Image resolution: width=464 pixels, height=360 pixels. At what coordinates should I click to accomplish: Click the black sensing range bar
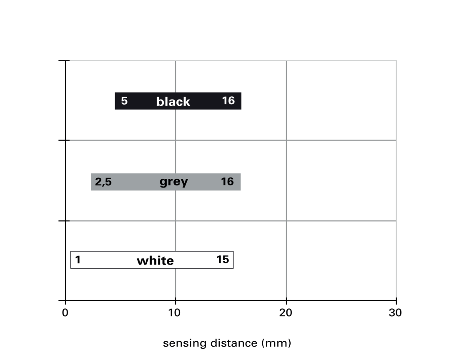178,101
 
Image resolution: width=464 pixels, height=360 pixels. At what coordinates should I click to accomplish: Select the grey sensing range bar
166,182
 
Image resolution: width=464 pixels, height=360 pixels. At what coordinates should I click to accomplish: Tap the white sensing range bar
152,260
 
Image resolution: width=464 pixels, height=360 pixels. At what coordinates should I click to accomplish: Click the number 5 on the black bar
124,101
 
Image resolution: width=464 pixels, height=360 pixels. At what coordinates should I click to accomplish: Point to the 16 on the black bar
228,100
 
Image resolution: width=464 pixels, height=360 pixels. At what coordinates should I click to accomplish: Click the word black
173,102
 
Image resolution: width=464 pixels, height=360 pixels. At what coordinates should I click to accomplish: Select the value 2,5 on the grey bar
103,182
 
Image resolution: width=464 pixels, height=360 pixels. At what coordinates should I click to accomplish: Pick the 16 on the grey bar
227,181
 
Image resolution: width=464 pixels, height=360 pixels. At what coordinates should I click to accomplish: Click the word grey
174,182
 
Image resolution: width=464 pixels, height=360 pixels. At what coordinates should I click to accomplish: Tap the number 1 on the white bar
78,260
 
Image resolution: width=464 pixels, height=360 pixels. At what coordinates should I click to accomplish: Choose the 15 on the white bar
223,260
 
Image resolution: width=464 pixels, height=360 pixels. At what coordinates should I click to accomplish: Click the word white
156,260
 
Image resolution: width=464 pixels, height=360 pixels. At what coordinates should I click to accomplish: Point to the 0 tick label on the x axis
65,312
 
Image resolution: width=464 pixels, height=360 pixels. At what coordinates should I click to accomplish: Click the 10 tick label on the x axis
174,312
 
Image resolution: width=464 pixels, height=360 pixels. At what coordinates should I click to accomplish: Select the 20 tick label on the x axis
286,312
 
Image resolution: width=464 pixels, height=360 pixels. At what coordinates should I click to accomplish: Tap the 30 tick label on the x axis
395,312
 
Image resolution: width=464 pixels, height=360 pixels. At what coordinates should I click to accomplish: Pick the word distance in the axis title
234,343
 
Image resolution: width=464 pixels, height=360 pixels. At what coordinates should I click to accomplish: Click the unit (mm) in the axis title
276,343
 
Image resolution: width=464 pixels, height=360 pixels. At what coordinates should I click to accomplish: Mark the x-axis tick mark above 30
396,300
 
